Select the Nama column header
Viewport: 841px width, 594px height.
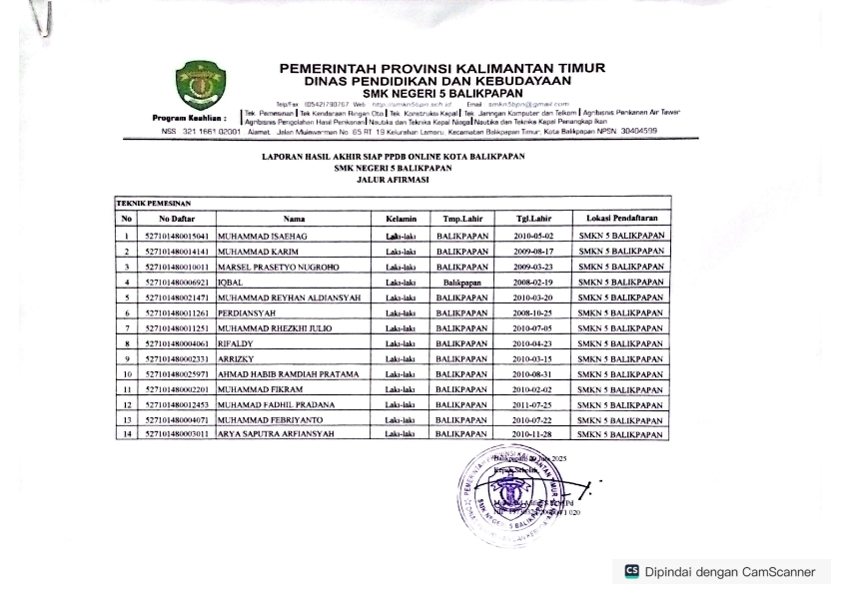294,218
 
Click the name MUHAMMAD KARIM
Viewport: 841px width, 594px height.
251,252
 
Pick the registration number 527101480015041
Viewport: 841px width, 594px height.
177,237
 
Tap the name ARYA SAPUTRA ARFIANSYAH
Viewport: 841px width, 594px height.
279,435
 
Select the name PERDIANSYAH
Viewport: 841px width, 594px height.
245,312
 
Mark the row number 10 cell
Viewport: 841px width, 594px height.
127,374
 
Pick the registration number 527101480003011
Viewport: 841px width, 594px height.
177,435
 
